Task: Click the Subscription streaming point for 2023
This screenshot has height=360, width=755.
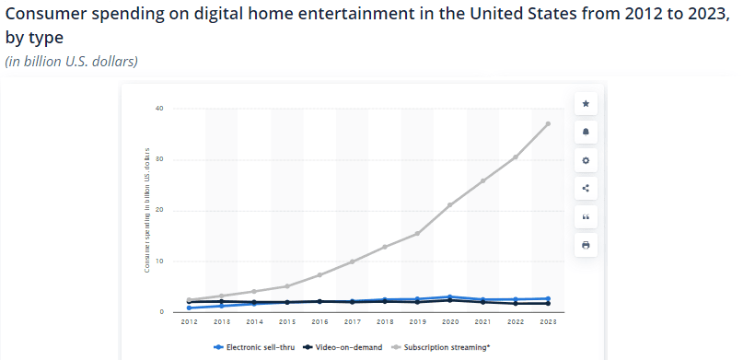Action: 548,123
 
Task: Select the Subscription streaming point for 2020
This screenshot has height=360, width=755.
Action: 450,204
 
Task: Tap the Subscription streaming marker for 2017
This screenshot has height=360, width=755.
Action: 352,261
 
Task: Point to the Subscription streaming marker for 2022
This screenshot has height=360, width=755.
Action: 516,157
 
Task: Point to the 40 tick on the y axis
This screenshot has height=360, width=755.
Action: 159,109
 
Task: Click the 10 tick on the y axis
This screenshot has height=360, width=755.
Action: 159,261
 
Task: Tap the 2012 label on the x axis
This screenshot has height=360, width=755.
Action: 189,322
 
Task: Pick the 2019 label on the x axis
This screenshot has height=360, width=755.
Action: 417,322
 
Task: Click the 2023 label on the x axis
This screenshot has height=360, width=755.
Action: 548,322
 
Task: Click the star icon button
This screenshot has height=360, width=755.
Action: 586,103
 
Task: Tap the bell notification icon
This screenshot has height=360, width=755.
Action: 586,132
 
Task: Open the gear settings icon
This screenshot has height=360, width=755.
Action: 586,160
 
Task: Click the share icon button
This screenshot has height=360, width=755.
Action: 586,188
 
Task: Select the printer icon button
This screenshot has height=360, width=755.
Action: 586,245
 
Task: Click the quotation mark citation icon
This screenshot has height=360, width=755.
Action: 586,216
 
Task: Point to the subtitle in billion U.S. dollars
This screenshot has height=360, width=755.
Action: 72,62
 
